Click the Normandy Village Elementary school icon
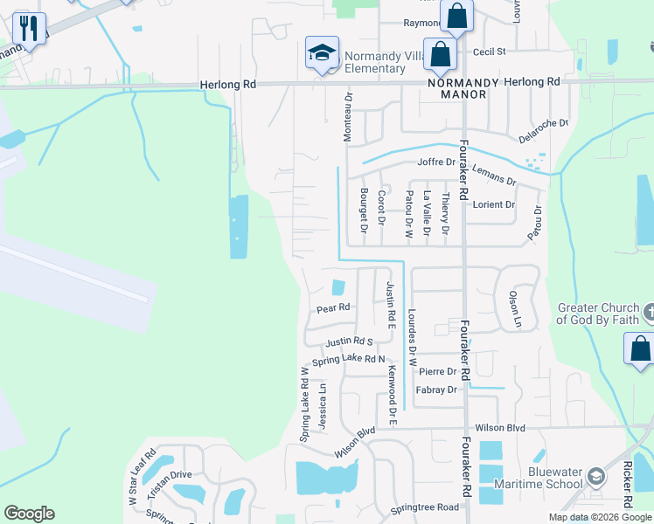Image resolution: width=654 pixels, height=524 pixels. (322, 52)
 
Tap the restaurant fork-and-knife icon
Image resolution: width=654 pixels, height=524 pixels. (29, 29)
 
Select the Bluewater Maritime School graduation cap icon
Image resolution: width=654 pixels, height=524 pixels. (596, 477)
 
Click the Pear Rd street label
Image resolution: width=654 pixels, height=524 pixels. (333, 308)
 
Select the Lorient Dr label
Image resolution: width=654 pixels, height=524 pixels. (493, 204)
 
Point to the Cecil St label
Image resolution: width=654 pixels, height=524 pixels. (489, 52)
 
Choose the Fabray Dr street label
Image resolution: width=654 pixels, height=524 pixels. (437, 390)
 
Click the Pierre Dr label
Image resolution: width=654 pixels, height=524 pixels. (438, 371)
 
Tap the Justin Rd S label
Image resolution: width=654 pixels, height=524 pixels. (349, 342)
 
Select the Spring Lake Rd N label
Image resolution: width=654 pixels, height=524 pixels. (348, 359)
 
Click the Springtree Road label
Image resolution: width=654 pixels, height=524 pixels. (424, 507)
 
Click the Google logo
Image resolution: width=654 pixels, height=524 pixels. (30, 514)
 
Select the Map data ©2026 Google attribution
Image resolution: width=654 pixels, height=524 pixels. (600, 517)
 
